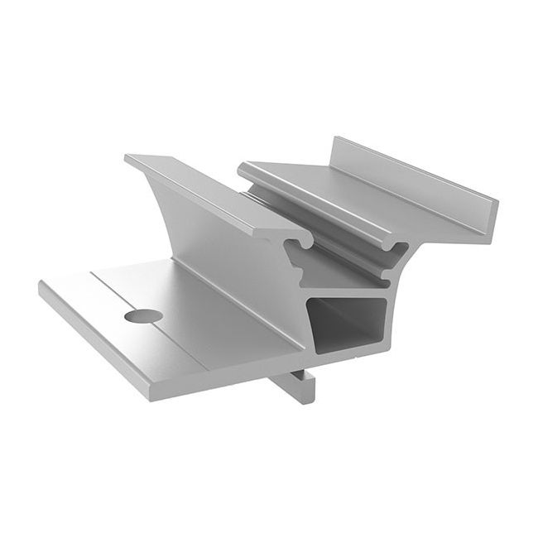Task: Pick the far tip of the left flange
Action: point(132,157)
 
